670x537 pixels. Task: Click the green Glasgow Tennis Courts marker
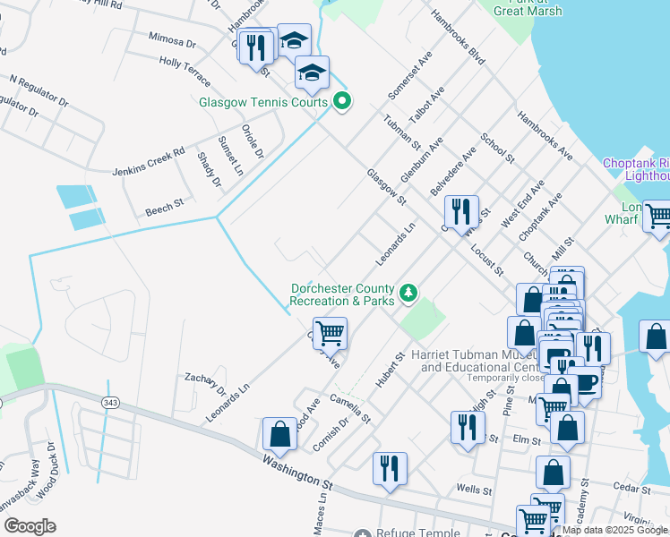(341, 102)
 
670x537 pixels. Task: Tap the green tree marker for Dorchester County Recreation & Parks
(408, 293)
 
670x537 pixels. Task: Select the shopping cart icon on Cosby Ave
(330, 334)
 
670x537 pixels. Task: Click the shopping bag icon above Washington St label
(279, 433)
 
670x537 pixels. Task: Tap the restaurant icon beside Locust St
(461, 212)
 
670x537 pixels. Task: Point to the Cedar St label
(631, 488)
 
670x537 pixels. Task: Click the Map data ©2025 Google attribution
(614, 530)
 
